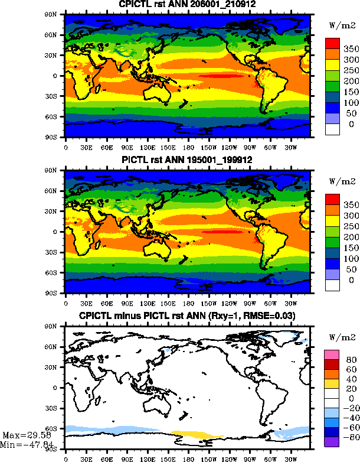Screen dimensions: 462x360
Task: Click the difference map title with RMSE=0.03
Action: click(x=188, y=316)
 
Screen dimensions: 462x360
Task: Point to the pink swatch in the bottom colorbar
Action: click(x=332, y=353)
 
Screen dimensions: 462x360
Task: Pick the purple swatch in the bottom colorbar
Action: click(x=332, y=441)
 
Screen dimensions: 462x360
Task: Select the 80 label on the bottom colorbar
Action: click(x=351, y=359)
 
